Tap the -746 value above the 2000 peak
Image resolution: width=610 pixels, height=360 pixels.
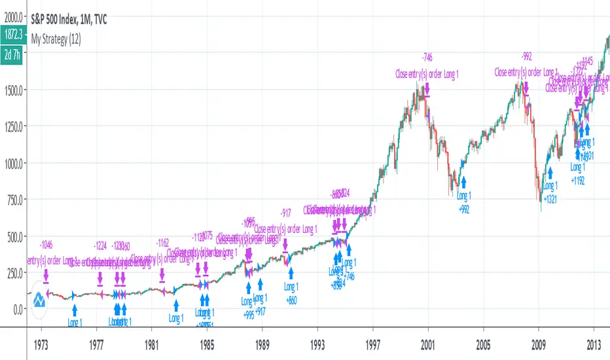pos(427,57)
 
